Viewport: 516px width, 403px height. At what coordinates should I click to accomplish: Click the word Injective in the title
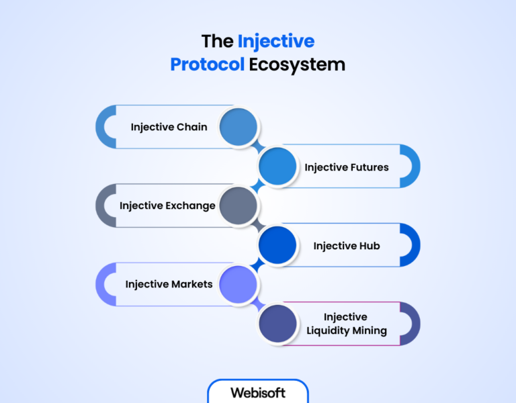275,42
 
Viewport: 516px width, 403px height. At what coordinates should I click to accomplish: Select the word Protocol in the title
207,64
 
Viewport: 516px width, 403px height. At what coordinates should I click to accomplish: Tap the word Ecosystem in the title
297,64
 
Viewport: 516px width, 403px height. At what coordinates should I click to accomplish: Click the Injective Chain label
169,127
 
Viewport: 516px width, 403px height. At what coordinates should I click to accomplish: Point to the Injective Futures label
347,167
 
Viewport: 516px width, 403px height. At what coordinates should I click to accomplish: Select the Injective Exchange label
167,206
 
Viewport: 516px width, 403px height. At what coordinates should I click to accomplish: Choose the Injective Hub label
347,246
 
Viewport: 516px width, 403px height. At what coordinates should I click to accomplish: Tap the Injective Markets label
169,284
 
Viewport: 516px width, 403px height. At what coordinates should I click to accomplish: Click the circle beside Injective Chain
239,127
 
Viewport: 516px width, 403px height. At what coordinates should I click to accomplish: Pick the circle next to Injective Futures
277,167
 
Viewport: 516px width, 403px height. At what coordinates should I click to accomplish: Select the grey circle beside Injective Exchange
239,206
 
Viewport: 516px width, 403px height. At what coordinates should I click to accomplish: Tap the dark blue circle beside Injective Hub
277,245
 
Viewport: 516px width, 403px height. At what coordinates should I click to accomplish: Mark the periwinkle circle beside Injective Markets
239,284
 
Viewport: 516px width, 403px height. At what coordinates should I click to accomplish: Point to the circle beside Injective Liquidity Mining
277,324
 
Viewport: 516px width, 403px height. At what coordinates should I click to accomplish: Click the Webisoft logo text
258,392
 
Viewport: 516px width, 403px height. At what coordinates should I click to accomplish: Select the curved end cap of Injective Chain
103,127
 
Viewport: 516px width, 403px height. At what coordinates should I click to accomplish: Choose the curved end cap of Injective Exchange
103,206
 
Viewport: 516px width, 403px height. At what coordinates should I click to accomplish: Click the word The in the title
218,42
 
